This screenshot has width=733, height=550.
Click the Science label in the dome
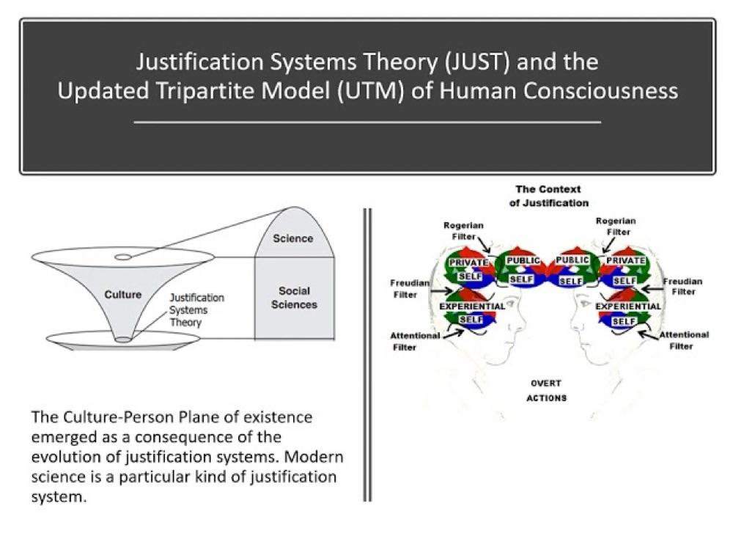pos(293,238)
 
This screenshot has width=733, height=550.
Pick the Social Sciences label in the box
pos(294,298)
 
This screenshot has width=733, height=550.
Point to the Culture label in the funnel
pos(123,295)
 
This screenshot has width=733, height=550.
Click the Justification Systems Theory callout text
pos(196,310)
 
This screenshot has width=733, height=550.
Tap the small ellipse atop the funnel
pos(123,257)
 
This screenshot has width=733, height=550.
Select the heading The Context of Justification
pos(548,196)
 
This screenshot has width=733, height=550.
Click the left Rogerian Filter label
pos(463,231)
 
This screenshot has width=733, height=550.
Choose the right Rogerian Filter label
pos(616,227)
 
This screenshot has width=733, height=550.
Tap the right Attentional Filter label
pos(684,340)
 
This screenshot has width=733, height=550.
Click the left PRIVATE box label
pos(468,263)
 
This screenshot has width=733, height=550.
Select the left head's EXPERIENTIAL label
pos(472,307)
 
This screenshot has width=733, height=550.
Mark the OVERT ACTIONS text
pos(546,391)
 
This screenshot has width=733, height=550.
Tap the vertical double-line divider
pos(368,355)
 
